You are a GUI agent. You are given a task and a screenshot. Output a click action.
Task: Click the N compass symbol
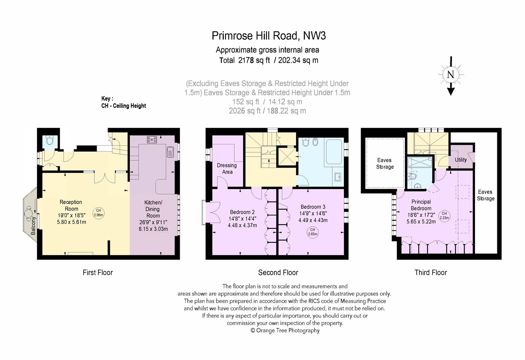click(x=451, y=75)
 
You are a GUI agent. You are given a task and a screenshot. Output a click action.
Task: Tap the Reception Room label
click(x=71, y=205)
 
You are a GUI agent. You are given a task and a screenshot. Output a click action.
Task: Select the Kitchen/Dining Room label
click(x=153, y=209)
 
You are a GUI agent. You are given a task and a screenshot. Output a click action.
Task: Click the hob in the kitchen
click(x=152, y=140)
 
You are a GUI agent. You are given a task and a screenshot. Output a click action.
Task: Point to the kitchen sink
click(x=170, y=152)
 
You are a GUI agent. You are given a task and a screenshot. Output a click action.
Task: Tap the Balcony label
click(x=33, y=226)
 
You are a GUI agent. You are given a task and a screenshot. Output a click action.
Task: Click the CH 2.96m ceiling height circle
click(x=98, y=213)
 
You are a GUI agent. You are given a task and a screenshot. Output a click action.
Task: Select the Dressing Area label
click(x=227, y=169)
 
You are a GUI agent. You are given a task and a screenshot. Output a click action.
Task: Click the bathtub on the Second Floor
click(x=334, y=152)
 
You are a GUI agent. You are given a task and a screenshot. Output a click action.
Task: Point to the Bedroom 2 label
click(x=242, y=212)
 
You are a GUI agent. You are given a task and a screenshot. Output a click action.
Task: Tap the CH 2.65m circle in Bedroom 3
click(x=313, y=232)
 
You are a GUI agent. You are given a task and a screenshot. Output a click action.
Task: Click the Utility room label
click(x=461, y=160)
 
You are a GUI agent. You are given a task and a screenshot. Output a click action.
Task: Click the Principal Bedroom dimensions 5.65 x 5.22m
click(x=421, y=221)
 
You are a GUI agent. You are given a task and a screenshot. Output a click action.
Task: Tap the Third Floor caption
click(x=431, y=273)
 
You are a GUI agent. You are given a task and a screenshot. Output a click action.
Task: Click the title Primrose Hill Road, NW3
click(x=269, y=36)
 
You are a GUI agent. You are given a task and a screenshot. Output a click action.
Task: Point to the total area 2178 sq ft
click(x=254, y=60)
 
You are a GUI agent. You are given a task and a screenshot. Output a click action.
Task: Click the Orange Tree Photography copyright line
click(x=285, y=330)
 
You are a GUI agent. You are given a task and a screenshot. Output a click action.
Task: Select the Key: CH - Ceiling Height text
click(x=124, y=102)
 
